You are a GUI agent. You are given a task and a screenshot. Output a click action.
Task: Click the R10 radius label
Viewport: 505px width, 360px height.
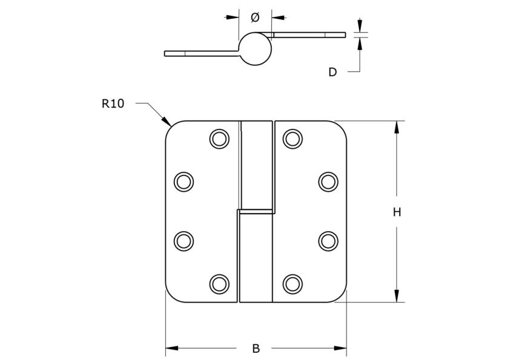(x=113, y=103)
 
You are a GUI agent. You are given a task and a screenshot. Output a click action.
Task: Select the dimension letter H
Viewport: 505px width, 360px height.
(x=397, y=212)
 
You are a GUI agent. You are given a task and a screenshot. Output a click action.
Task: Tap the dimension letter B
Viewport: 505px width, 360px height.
(x=256, y=349)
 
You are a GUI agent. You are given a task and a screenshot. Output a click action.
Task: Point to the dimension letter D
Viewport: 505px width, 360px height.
(x=332, y=72)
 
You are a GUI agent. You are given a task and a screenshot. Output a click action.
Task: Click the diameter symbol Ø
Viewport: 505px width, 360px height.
(x=254, y=18)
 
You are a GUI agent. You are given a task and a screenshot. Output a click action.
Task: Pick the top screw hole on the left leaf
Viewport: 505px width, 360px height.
(x=220, y=139)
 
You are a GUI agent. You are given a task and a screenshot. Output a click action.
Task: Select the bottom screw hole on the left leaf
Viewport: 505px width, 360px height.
(x=220, y=283)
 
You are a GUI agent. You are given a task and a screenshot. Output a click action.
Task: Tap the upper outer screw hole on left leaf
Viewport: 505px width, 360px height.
(x=183, y=181)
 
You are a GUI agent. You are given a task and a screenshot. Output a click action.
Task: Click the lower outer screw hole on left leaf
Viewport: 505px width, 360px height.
(x=183, y=240)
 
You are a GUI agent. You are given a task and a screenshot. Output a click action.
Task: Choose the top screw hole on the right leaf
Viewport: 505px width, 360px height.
(x=292, y=139)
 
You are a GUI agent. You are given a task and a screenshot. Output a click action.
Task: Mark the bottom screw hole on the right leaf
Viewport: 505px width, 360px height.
(x=292, y=283)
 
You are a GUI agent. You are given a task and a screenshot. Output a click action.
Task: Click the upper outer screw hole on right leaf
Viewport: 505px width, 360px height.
(x=328, y=181)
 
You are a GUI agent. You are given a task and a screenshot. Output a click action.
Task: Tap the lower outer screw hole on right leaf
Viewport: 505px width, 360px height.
(x=328, y=240)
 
